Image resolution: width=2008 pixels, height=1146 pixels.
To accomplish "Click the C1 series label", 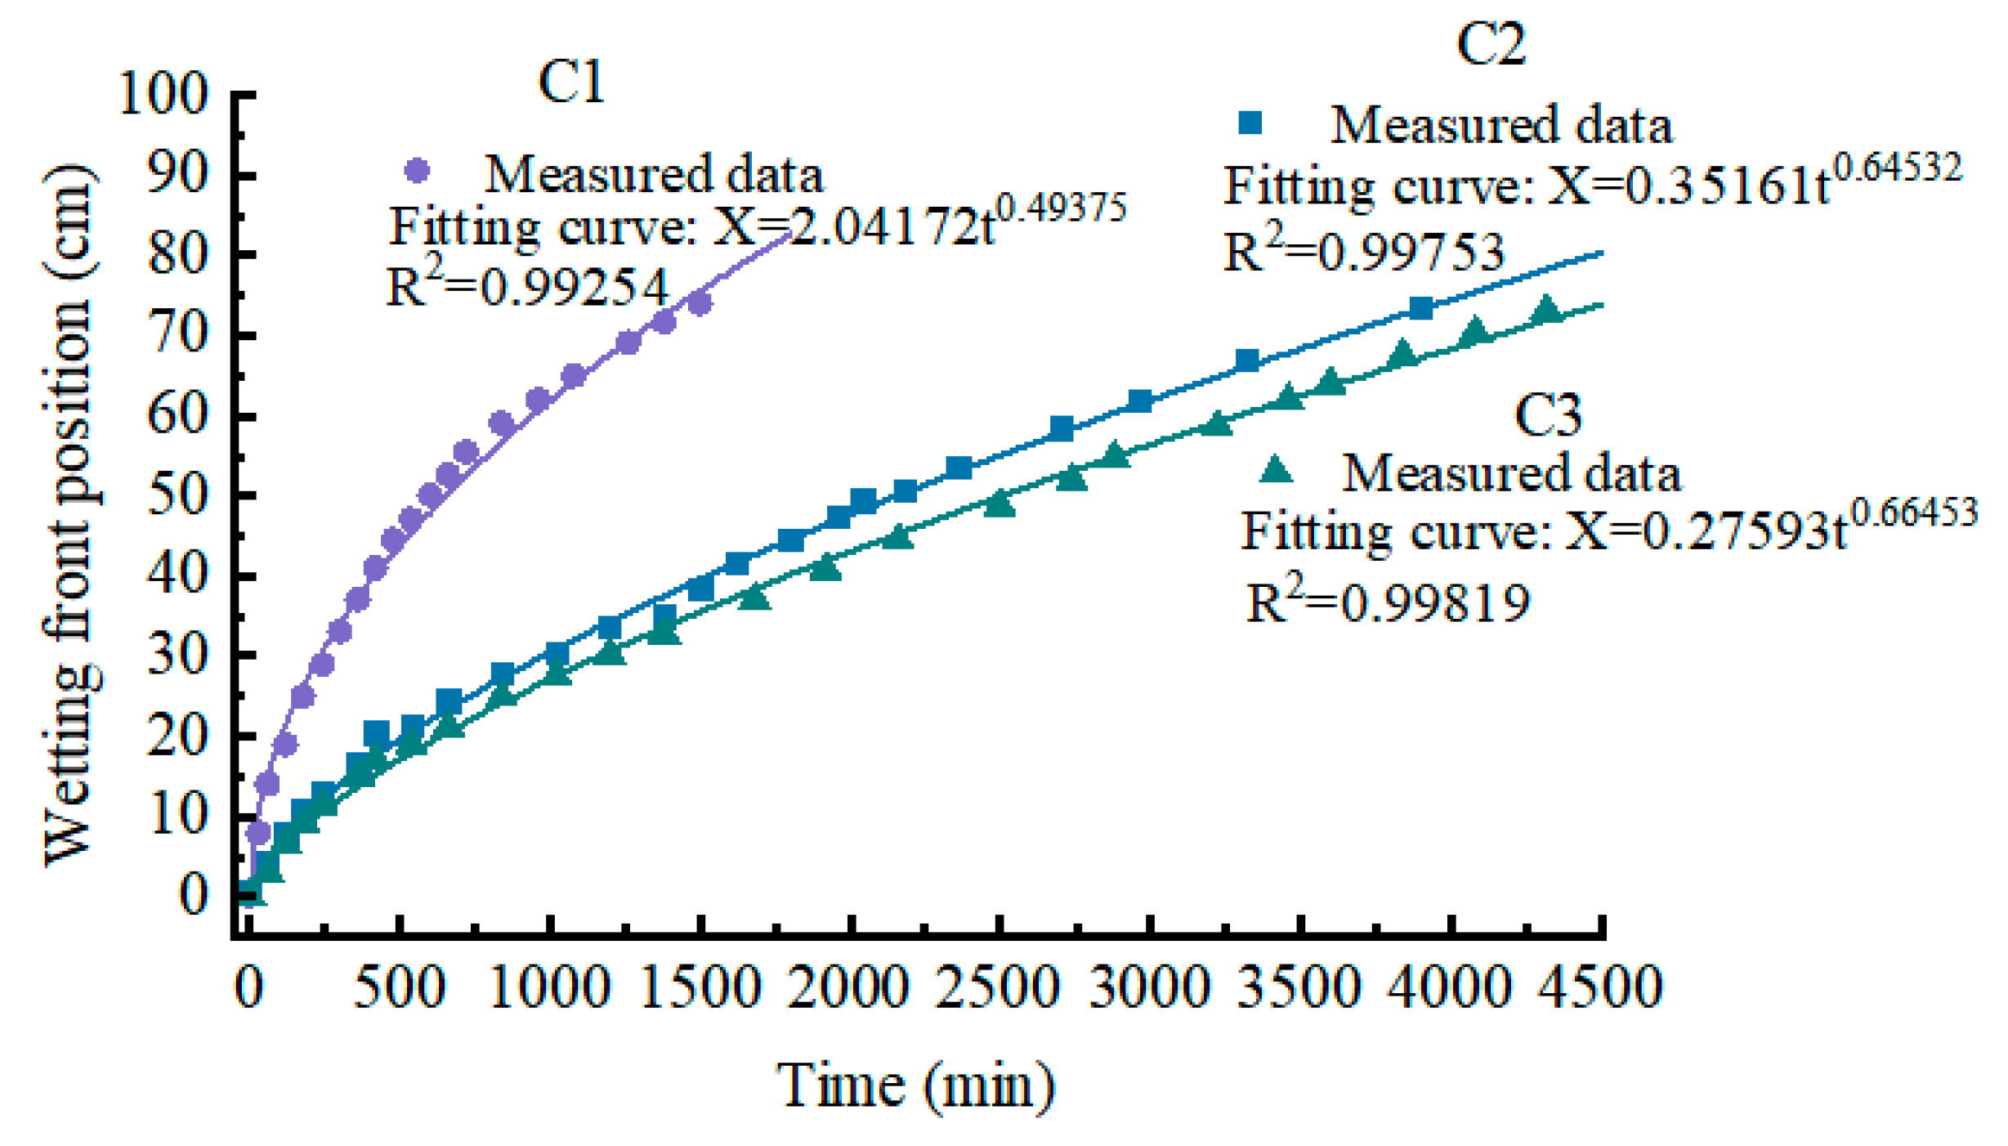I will coord(571,83).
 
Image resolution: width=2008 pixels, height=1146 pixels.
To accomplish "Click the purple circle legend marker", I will coord(418,171).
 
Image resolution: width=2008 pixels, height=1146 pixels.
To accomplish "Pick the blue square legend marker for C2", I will coord(1250,123).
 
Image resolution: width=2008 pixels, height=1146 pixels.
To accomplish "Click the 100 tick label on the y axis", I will coord(163,94).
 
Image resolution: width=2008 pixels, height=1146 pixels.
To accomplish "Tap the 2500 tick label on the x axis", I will coord(997,987).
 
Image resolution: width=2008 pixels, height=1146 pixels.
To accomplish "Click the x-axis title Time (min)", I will coord(915,1086).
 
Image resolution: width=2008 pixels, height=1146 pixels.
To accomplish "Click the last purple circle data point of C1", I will coord(700,303).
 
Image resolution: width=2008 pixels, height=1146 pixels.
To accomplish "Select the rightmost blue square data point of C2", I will coord(1421,308).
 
